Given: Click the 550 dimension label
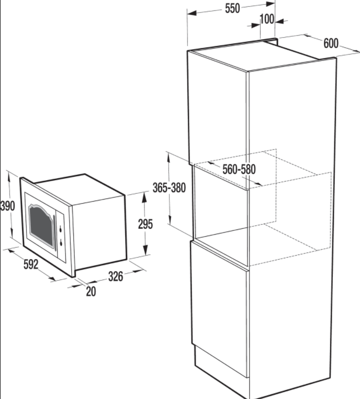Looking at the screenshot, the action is click(x=232, y=8).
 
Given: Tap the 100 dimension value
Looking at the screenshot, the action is click(x=267, y=19).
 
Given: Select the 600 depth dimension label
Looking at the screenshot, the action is click(x=331, y=43).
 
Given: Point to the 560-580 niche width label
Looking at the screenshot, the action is click(x=239, y=170).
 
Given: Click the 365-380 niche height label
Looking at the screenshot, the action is click(x=169, y=188).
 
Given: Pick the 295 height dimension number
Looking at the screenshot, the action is click(x=145, y=224).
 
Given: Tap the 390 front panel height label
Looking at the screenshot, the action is click(x=7, y=206).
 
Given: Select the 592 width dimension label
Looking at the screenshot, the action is click(x=31, y=264).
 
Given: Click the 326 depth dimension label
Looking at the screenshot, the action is click(x=116, y=276).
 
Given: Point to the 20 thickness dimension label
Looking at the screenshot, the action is click(x=91, y=292).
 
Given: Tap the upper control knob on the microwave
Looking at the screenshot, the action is click(x=61, y=229).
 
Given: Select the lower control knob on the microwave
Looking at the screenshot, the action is click(x=61, y=243).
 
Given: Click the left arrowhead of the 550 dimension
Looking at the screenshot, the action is click(x=192, y=13).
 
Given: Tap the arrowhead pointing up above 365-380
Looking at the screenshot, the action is click(x=168, y=157).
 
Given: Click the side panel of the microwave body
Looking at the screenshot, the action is click(x=99, y=231).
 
